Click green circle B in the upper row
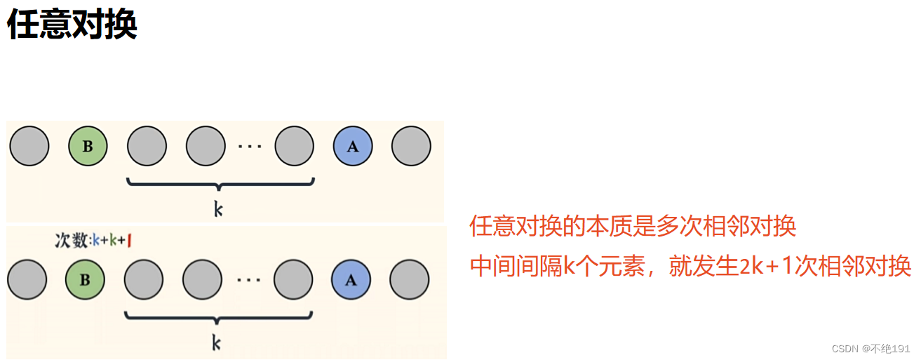[88, 147]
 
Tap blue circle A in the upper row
[353, 147]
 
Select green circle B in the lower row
[85, 279]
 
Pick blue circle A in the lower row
[352, 279]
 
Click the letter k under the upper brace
[218, 208]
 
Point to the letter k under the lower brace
[217, 342]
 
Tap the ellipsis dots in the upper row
[250, 147]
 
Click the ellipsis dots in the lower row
[248, 280]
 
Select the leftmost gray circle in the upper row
[29, 147]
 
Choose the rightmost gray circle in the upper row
[411, 147]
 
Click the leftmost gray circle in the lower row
[27, 279]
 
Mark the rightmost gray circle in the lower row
[410, 279]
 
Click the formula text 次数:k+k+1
[94, 241]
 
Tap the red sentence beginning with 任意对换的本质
[633, 227]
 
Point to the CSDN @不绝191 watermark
[870, 349]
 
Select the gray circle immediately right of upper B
[147, 147]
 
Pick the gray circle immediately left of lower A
[294, 279]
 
